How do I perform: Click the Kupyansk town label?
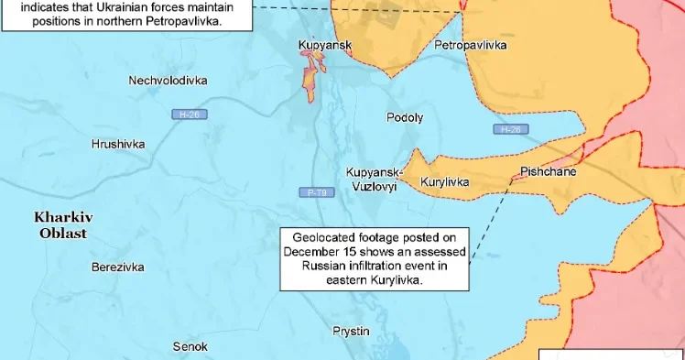click(325, 44)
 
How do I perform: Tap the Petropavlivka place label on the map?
click(471, 45)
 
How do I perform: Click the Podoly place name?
click(405, 117)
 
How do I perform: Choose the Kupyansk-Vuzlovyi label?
click(371, 178)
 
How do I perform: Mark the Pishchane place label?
click(547, 171)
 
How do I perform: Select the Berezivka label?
click(118, 267)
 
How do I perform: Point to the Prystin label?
click(351, 331)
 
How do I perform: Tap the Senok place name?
click(190, 346)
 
